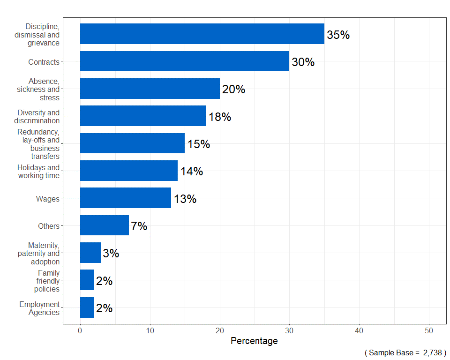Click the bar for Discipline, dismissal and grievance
click(x=202, y=34)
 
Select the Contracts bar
click(x=185, y=61)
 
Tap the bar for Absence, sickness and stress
click(x=150, y=89)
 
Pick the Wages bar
click(x=126, y=198)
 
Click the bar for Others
click(x=105, y=225)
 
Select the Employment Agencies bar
click(x=87, y=307)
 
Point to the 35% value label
click(x=338, y=35)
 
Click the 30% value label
click(x=303, y=62)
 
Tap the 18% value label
click(x=219, y=117)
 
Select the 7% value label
click(x=139, y=226)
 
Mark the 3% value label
click(x=111, y=254)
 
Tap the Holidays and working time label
click(x=38, y=171)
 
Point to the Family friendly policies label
click(x=47, y=280)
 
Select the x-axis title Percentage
click(x=254, y=341)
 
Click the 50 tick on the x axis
click(x=429, y=330)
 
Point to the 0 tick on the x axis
click(x=80, y=330)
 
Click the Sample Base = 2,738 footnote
click(x=405, y=352)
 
